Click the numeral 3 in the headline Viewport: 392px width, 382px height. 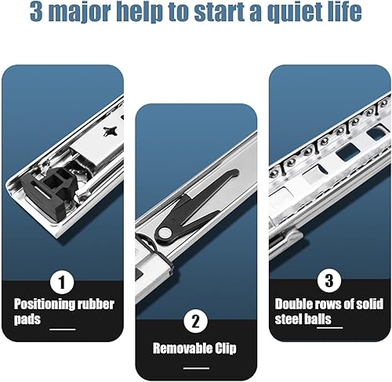(36, 12)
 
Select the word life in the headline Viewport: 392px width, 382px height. (343, 12)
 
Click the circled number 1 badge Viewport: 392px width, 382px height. (62, 282)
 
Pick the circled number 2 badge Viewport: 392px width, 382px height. (196, 321)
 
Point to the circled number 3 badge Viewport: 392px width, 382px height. (329, 280)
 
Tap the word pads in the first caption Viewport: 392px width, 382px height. (27, 319)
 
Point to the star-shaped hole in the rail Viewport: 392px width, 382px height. (111, 132)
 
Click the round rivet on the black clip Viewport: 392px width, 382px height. (164, 232)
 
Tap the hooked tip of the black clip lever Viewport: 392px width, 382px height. (234, 173)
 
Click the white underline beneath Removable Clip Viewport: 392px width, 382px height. (196, 368)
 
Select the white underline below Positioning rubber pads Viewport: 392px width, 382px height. (63, 330)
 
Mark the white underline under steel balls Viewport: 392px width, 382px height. (330, 327)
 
